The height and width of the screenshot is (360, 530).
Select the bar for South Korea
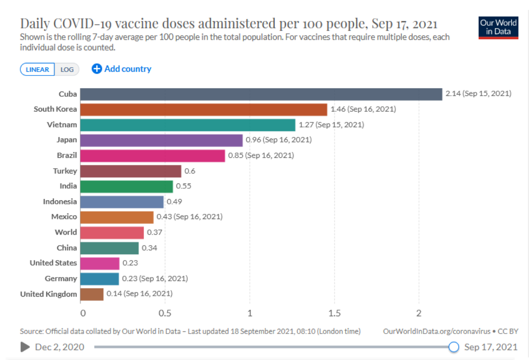pyautogui.click(x=203, y=109)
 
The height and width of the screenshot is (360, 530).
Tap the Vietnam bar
pyautogui.click(x=187, y=125)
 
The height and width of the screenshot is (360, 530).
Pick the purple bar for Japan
pyautogui.click(x=161, y=140)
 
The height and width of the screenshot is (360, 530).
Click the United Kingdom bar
pyautogui.click(x=92, y=294)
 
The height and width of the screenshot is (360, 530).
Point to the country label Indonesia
pyautogui.click(x=60, y=201)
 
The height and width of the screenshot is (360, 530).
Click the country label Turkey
pyautogui.click(x=65, y=171)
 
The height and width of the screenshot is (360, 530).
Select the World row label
pyautogui.click(x=66, y=232)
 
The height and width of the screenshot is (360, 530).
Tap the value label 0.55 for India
pyautogui.click(x=183, y=186)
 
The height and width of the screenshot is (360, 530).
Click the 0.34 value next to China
pyautogui.click(x=150, y=248)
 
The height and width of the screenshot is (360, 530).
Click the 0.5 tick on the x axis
pyautogui.click(x=165, y=313)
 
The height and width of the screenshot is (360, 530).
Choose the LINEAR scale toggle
pyautogui.click(x=37, y=69)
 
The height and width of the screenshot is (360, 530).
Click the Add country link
pyautogui.click(x=122, y=69)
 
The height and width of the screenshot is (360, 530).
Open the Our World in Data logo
pyautogui.click(x=498, y=28)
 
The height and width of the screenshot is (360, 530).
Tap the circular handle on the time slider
pyautogui.click(x=454, y=347)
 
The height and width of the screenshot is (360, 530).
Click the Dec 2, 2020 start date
pyautogui.click(x=60, y=347)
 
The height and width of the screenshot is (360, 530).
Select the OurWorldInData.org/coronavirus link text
pyautogui.click(x=436, y=331)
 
